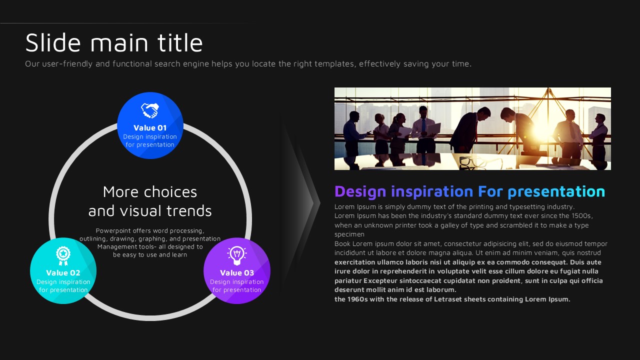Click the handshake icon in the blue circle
click(150, 110)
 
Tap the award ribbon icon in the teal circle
click(63, 255)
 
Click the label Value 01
click(150, 127)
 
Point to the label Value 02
click(63, 273)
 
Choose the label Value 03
click(237, 273)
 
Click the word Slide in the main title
click(53, 42)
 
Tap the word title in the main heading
click(180, 42)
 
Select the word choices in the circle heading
click(170, 191)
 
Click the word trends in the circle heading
click(189, 211)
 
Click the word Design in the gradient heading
click(360, 191)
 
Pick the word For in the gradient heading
click(490, 191)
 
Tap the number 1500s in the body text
click(581, 215)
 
